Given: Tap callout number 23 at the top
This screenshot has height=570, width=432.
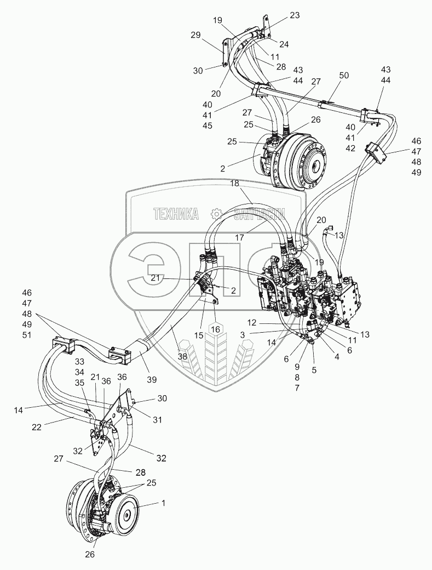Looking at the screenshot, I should [295, 16].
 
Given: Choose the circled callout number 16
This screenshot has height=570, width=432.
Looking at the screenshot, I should [215, 328].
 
